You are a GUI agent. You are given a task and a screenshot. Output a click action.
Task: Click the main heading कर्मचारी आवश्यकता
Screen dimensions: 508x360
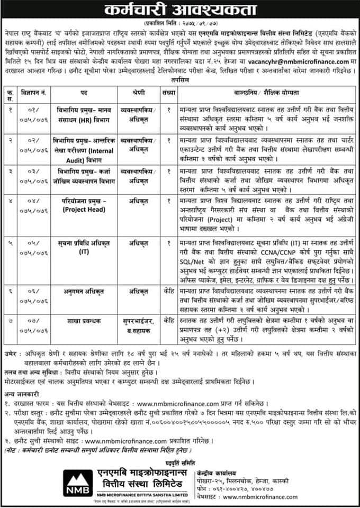click(180, 11)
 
